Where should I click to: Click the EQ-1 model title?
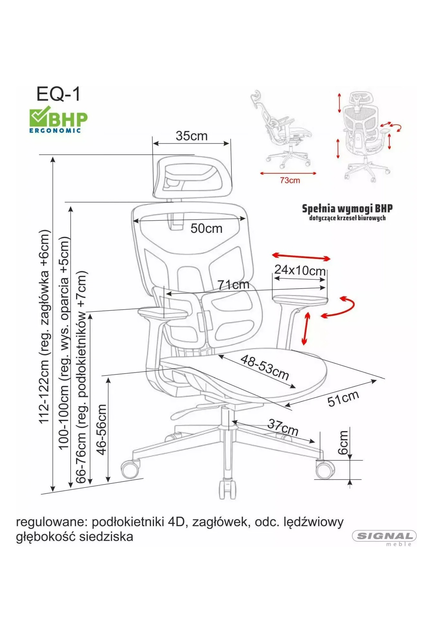coord(59,94)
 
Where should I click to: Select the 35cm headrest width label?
coord(191,136)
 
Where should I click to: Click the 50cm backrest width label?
coord(206,228)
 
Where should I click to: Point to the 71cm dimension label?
coord(233,285)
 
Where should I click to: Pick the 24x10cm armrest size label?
coord(300,270)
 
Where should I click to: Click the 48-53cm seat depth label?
coord(265,367)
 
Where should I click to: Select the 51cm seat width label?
coord(343,399)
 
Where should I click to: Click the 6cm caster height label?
coord(343,442)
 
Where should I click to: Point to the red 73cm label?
coord(290,180)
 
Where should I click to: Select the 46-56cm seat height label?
coord(102,429)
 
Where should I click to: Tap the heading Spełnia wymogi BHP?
coord(347,208)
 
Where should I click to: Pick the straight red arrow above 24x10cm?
coord(301,257)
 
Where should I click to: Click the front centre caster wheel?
coord(227,488)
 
